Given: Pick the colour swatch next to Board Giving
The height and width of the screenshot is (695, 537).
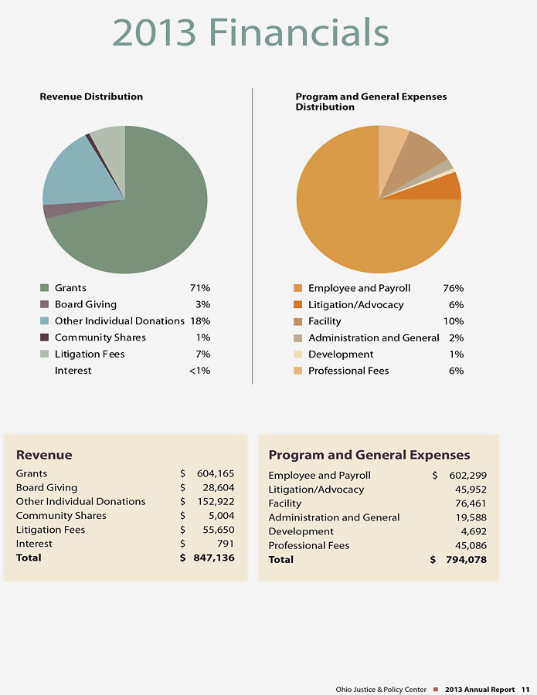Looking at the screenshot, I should click(44, 304).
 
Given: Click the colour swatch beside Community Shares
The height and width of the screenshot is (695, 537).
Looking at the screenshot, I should click(44, 337).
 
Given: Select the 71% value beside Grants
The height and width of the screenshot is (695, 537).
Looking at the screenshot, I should click(200, 288).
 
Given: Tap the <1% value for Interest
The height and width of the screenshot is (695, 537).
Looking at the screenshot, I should click(199, 371).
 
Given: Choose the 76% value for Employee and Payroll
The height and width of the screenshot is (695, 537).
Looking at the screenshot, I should click(453, 288).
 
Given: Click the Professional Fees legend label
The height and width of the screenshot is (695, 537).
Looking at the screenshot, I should click(348, 371).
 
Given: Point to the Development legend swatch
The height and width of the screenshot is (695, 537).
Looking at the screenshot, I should click(297, 354).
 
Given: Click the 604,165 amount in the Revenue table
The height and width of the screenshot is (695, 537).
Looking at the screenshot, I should click(216, 473).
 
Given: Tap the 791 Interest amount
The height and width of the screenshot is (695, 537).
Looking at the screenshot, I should click(226, 544).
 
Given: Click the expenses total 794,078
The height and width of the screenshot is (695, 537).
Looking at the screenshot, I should click(466, 560).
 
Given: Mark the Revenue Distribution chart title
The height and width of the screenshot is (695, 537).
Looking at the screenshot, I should click(91, 97).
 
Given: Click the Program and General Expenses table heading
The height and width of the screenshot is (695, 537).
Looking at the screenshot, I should click(369, 455).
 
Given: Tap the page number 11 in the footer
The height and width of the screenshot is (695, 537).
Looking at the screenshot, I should click(525, 689).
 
